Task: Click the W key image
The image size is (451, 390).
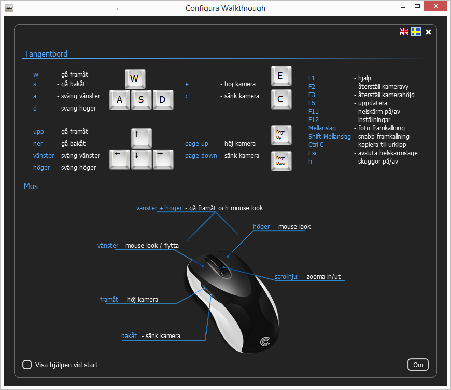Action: click(x=135, y=79)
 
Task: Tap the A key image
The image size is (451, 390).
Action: click(x=120, y=100)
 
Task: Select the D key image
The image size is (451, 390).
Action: click(x=163, y=100)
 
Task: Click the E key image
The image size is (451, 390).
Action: click(x=281, y=76)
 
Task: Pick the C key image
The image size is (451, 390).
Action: click(x=281, y=99)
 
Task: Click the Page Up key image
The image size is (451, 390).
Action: click(x=281, y=135)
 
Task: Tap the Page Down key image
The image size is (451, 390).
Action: click(x=281, y=160)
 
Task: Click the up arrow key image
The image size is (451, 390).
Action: click(x=141, y=138)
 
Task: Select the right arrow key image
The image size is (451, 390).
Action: click(x=163, y=159)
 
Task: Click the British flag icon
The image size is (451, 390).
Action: click(x=404, y=32)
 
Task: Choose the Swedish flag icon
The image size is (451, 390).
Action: click(x=416, y=32)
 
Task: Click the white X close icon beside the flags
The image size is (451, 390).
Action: click(x=428, y=32)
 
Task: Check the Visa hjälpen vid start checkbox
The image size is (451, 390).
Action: click(x=27, y=365)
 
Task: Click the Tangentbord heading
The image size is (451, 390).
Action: click(x=46, y=54)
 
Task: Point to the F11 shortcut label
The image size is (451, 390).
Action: click(x=314, y=112)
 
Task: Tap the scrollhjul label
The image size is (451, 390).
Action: click(x=287, y=277)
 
